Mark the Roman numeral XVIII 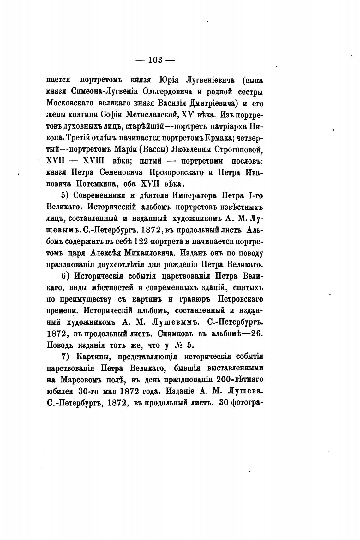(x=95, y=161)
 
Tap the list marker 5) (x=65, y=195)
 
